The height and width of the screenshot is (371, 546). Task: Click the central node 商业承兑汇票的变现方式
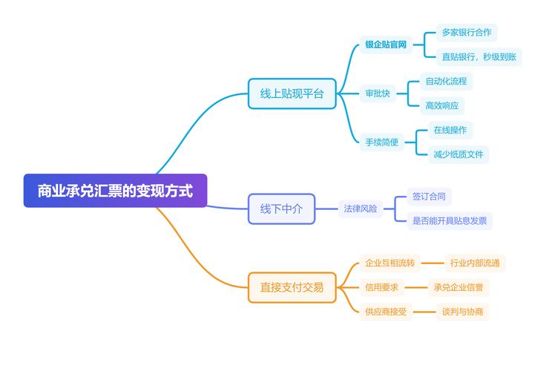point(115,191)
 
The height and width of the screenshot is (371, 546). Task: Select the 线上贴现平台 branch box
point(292,93)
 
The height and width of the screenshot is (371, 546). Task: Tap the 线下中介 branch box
point(281,209)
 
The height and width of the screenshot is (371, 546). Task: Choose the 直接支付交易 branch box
point(292,287)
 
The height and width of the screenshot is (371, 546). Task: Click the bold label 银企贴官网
point(386,45)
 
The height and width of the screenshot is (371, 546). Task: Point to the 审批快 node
point(377,93)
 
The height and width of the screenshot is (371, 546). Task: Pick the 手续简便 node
point(381,142)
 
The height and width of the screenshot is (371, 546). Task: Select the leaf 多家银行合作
point(466,33)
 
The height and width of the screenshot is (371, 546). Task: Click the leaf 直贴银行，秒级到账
point(478,56)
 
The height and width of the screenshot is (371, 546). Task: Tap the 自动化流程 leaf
point(446,81)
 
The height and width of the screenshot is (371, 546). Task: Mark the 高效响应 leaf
point(441,105)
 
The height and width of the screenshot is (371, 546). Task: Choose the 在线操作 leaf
point(450,130)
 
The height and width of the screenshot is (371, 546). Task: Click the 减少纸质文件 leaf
point(458,154)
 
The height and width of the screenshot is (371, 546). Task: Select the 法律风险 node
point(361,209)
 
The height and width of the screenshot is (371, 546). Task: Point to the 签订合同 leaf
point(430,197)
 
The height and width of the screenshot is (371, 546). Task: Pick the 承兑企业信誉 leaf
point(461,287)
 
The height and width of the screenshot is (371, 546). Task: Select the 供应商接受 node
point(386,312)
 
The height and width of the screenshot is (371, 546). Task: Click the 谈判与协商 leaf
point(462,312)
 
